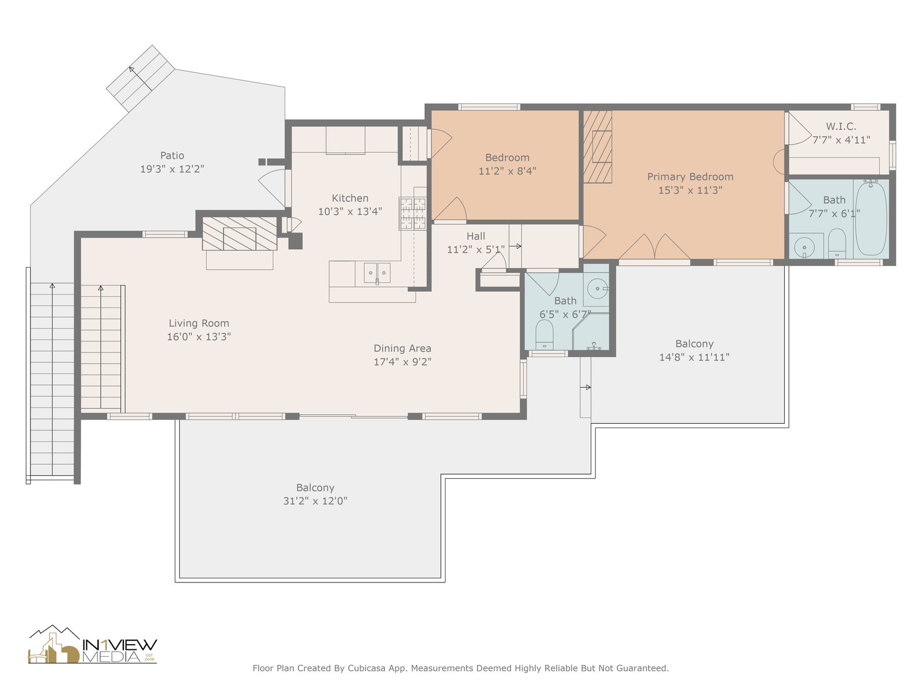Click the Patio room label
click(x=172, y=156)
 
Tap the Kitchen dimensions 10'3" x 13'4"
click(x=350, y=211)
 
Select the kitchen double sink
click(x=377, y=273)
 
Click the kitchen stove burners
click(x=413, y=213)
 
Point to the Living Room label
click(x=199, y=323)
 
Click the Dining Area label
click(x=402, y=348)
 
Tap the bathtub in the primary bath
click(x=871, y=218)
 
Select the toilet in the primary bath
click(x=837, y=243)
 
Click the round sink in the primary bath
click(x=804, y=247)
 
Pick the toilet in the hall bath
click(x=545, y=334)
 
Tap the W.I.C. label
click(x=841, y=126)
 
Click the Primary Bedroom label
click(x=690, y=177)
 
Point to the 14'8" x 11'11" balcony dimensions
click(x=694, y=357)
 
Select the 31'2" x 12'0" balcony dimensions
click(x=315, y=501)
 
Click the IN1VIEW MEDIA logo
click(x=92, y=645)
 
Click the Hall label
click(x=475, y=236)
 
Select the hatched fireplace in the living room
click(x=239, y=234)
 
